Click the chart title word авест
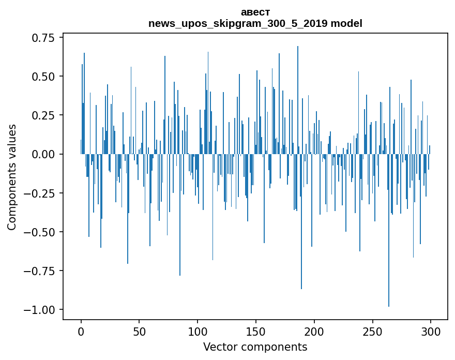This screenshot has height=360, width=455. tap(255, 12)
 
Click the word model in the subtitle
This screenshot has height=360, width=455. tap(346, 23)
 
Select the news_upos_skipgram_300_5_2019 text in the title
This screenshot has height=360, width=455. tap(238, 24)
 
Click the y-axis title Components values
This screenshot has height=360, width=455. tap(11, 177)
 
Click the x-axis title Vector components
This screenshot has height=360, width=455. tap(255, 347)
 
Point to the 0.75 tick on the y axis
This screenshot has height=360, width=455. tap(43, 38)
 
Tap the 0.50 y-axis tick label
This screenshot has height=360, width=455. tap(43, 77)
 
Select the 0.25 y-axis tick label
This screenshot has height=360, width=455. tap(43, 115)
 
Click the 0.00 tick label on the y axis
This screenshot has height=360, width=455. tap(43, 154)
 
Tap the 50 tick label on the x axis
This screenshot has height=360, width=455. tap(139, 332)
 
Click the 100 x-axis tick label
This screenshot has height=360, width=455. tap(198, 332)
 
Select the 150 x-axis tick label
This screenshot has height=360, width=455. tap(256, 332)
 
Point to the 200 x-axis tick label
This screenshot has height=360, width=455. tap(314, 332)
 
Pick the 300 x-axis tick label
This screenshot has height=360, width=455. tap(431, 332)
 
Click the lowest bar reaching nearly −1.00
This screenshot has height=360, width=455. tap(389, 230)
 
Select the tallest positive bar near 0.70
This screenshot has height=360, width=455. tap(298, 100)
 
